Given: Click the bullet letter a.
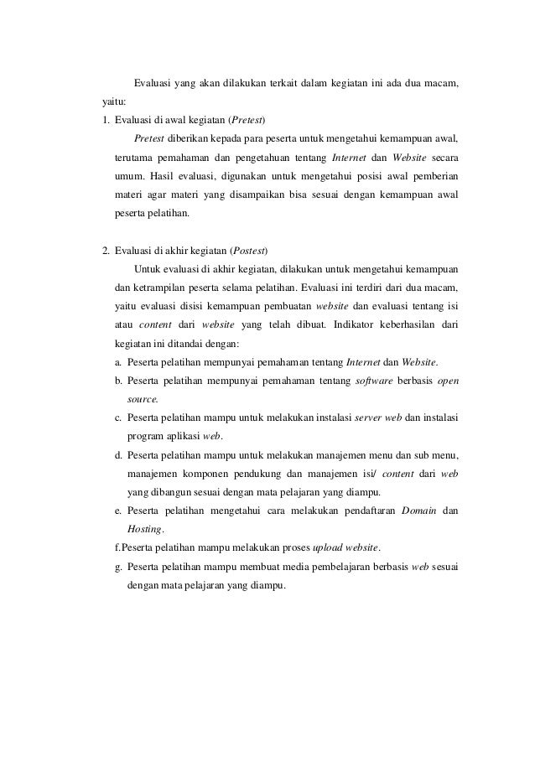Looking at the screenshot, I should [118, 362].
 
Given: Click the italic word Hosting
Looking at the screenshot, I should [145, 530].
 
